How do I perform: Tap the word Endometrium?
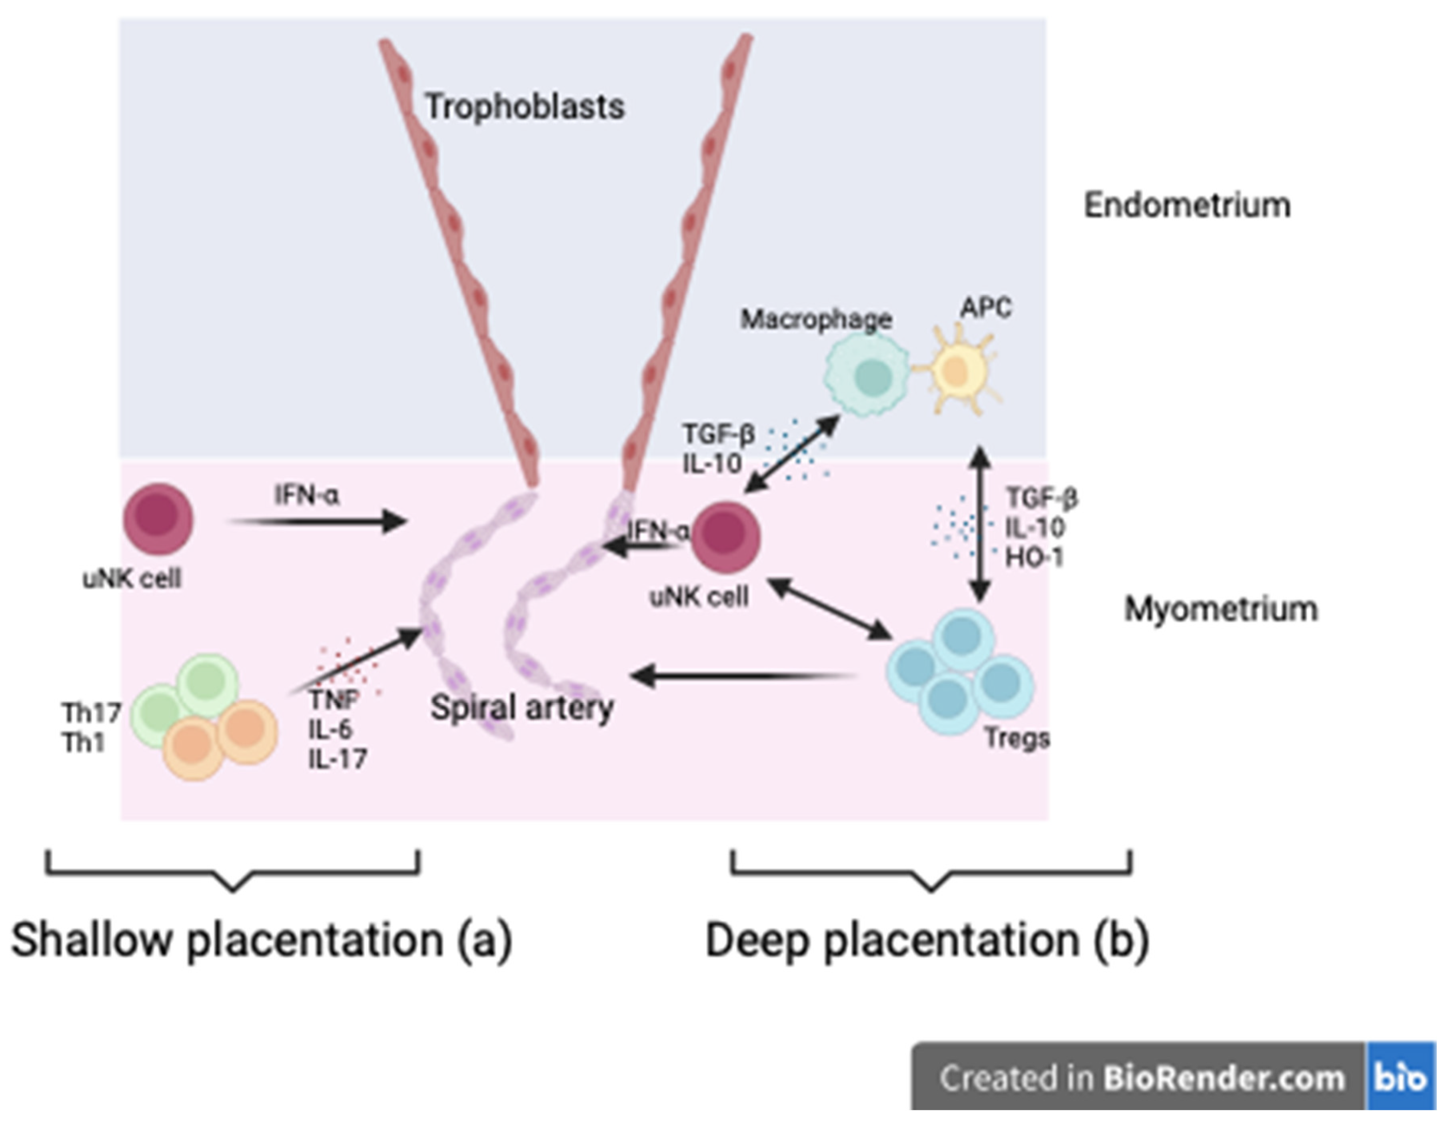coord(1187,205)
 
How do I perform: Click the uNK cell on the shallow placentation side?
coord(158,519)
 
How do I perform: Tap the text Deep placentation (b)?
coord(927,940)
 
